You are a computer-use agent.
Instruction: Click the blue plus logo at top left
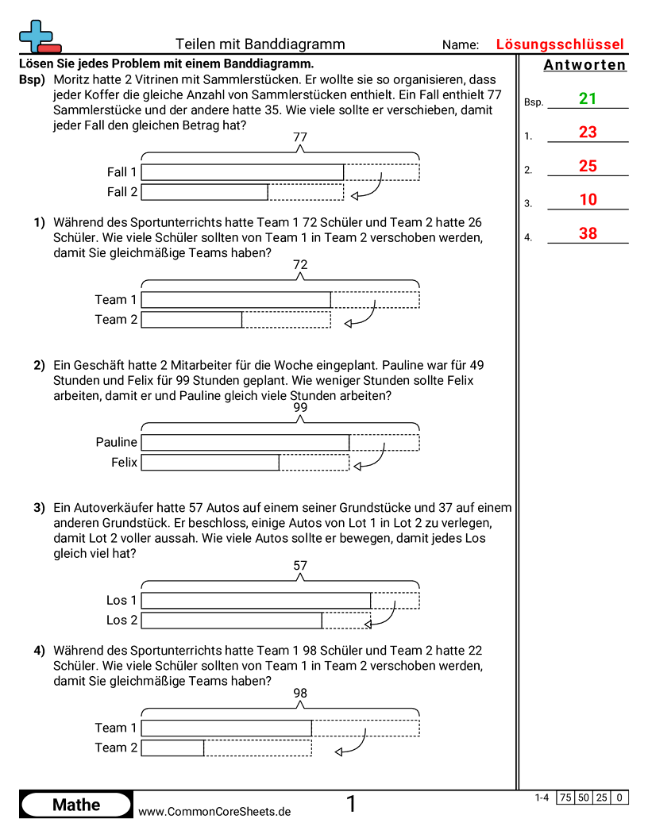[37, 37]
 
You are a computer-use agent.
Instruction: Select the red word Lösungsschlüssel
[559, 44]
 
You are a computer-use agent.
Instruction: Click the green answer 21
[588, 98]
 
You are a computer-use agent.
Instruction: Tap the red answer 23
[588, 133]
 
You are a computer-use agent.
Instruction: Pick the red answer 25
[588, 166]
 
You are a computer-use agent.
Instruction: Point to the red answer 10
[588, 200]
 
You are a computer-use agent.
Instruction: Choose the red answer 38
[588, 233]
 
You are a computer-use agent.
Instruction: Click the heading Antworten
[584, 65]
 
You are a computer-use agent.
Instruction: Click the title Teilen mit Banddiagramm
[260, 44]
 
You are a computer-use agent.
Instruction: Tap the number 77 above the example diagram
[299, 137]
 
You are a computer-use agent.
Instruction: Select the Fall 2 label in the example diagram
[122, 192]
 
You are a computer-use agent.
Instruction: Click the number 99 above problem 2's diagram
[299, 408]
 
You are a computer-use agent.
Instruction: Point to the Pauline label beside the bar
[116, 443]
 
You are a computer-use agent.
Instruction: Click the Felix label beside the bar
[124, 463]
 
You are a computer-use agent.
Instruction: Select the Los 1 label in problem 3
[121, 601]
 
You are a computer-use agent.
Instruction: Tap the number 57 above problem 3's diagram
[299, 566]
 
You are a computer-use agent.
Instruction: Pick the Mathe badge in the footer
[76, 805]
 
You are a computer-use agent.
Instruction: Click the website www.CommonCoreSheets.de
[214, 812]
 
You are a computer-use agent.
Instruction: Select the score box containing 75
[565, 798]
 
